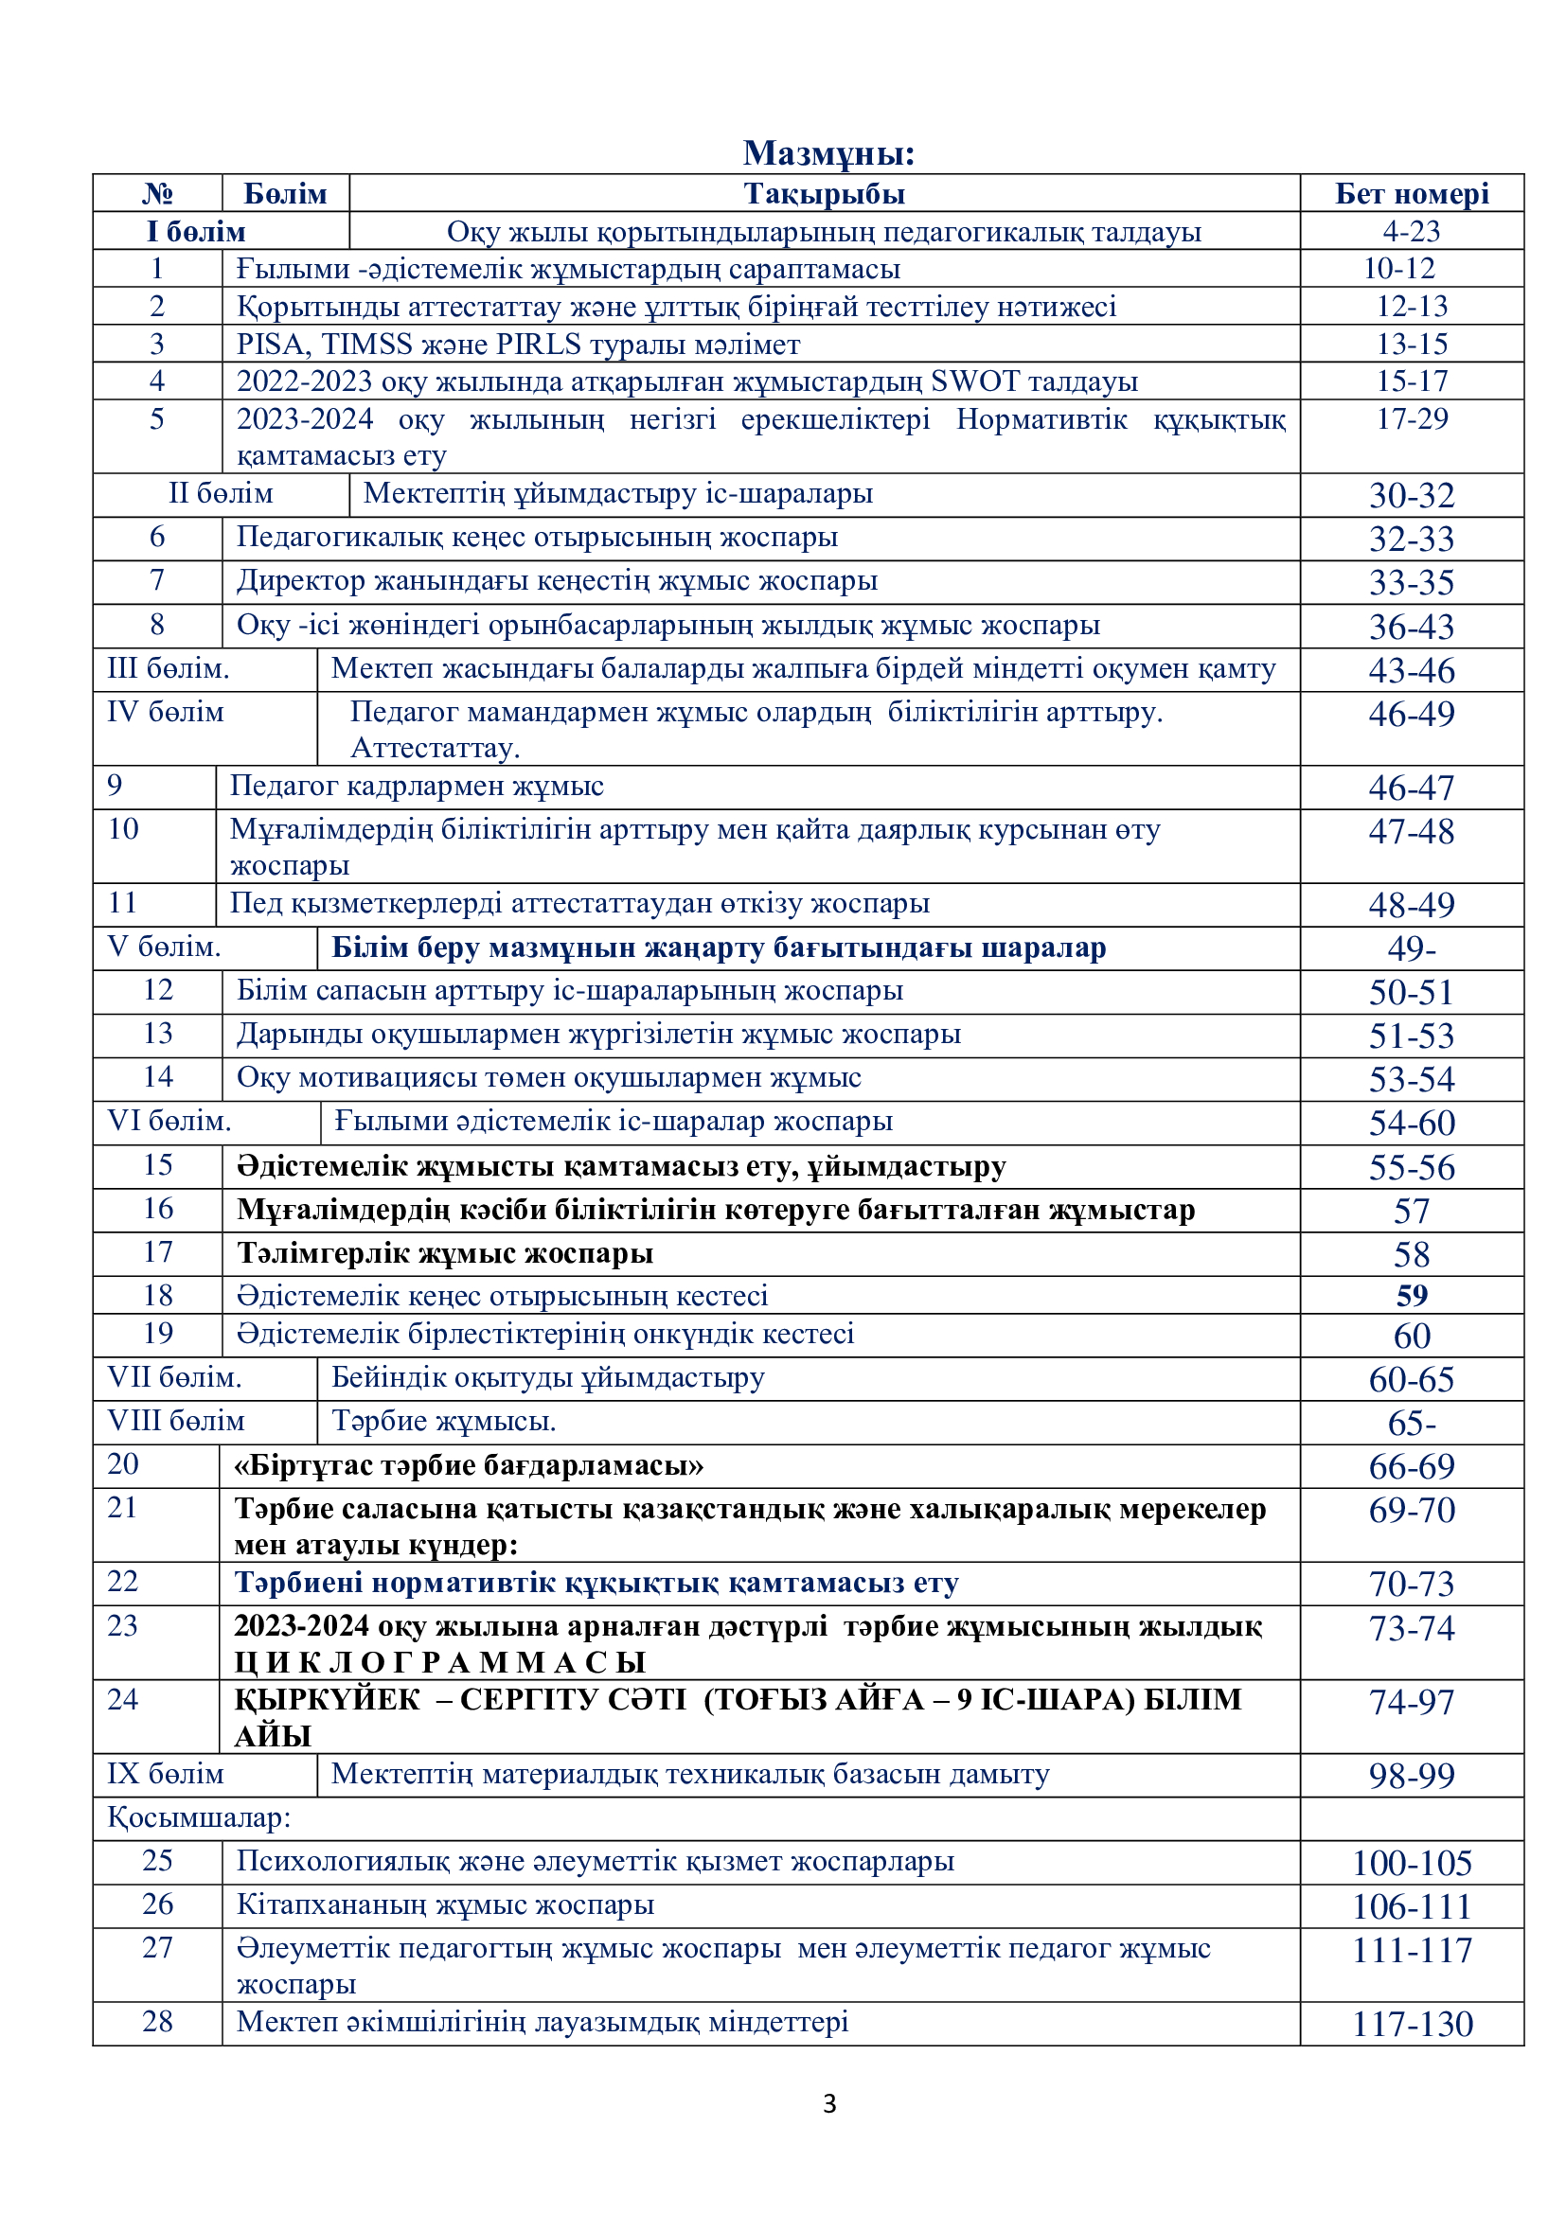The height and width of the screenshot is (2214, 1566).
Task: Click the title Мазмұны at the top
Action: pyautogui.click(x=827, y=153)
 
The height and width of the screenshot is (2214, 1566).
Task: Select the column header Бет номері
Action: pyautogui.click(x=1411, y=194)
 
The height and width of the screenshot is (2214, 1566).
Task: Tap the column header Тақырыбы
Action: pyautogui.click(x=824, y=194)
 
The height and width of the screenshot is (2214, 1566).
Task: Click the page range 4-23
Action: pyautogui.click(x=1411, y=231)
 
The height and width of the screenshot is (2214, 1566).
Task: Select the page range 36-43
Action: pyautogui.click(x=1411, y=627)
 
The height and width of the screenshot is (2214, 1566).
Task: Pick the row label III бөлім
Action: pyautogui.click(x=168, y=668)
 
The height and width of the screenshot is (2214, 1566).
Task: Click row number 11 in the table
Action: pyautogui.click(x=122, y=903)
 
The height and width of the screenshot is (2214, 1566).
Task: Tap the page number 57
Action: pyautogui.click(x=1411, y=1212)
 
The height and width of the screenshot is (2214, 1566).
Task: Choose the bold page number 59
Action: pyautogui.click(x=1411, y=1296)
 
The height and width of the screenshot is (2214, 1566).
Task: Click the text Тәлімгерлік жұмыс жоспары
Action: pyautogui.click(x=445, y=1253)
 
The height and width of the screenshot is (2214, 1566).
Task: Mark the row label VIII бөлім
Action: pyautogui.click(x=175, y=1422)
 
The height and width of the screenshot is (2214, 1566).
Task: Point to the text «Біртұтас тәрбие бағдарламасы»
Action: pyautogui.click(x=469, y=1465)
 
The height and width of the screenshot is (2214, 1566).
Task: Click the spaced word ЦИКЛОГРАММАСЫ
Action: pyautogui.click(x=439, y=1661)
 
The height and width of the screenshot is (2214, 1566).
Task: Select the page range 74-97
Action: pyautogui.click(x=1411, y=1702)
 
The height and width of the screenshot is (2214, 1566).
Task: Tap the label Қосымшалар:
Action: pyautogui.click(x=199, y=1817)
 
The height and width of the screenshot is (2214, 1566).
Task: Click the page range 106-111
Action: pyautogui.click(x=1411, y=1906)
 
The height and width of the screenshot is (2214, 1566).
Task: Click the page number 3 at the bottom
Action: pyautogui.click(x=829, y=2104)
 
